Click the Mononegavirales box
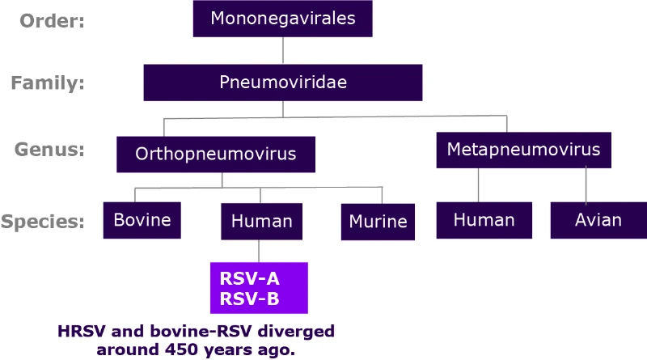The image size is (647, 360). [282, 19]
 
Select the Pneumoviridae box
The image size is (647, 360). [282, 83]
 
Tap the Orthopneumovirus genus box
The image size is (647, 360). [215, 153]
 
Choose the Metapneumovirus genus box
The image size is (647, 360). [523, 150]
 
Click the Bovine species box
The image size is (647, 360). [142, 220]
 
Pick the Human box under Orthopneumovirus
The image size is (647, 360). [261, 220]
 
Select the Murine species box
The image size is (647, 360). [378, 221]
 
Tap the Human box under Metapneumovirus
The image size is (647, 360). [484, 220]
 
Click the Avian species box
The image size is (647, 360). [598, 220]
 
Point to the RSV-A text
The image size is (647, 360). [249, 279]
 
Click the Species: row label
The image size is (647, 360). [44, 222]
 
